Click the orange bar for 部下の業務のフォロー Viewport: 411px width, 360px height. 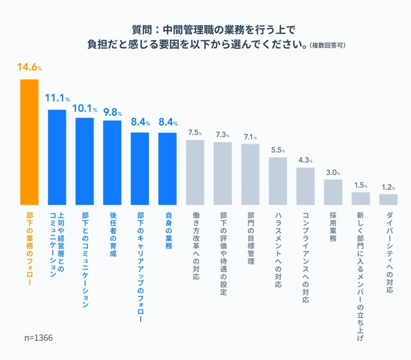(29, 142)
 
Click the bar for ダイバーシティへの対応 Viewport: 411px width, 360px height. (388, 199)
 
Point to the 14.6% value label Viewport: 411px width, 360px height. (29, 67)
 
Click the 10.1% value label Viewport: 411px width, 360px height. (85, 108)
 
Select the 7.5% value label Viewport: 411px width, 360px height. (195, 132)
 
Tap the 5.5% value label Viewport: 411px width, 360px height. (278, 150)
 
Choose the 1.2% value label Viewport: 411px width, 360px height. (388, 187)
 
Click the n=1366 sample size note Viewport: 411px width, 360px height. (39, 339)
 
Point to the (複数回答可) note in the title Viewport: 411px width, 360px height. (328, 46)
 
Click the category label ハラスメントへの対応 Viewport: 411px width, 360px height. (278, 250)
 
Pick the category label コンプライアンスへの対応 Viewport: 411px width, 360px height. (306, 257)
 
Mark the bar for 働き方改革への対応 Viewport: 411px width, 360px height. (195, 172)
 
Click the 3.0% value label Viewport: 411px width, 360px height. (333, 172)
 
